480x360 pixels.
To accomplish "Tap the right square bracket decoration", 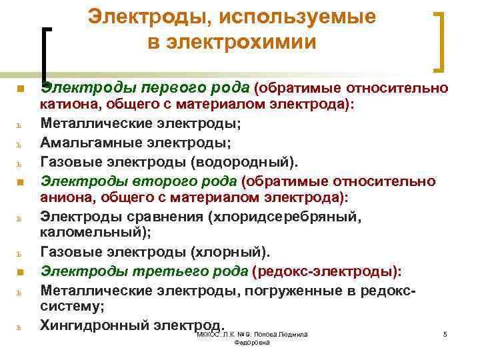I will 441,41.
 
